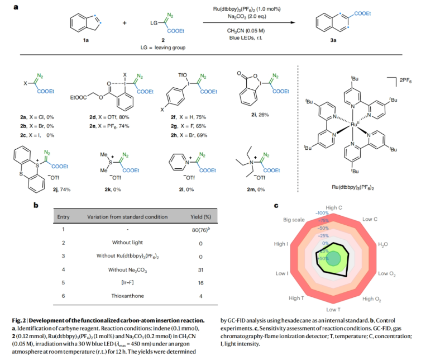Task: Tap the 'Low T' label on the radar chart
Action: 333,309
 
